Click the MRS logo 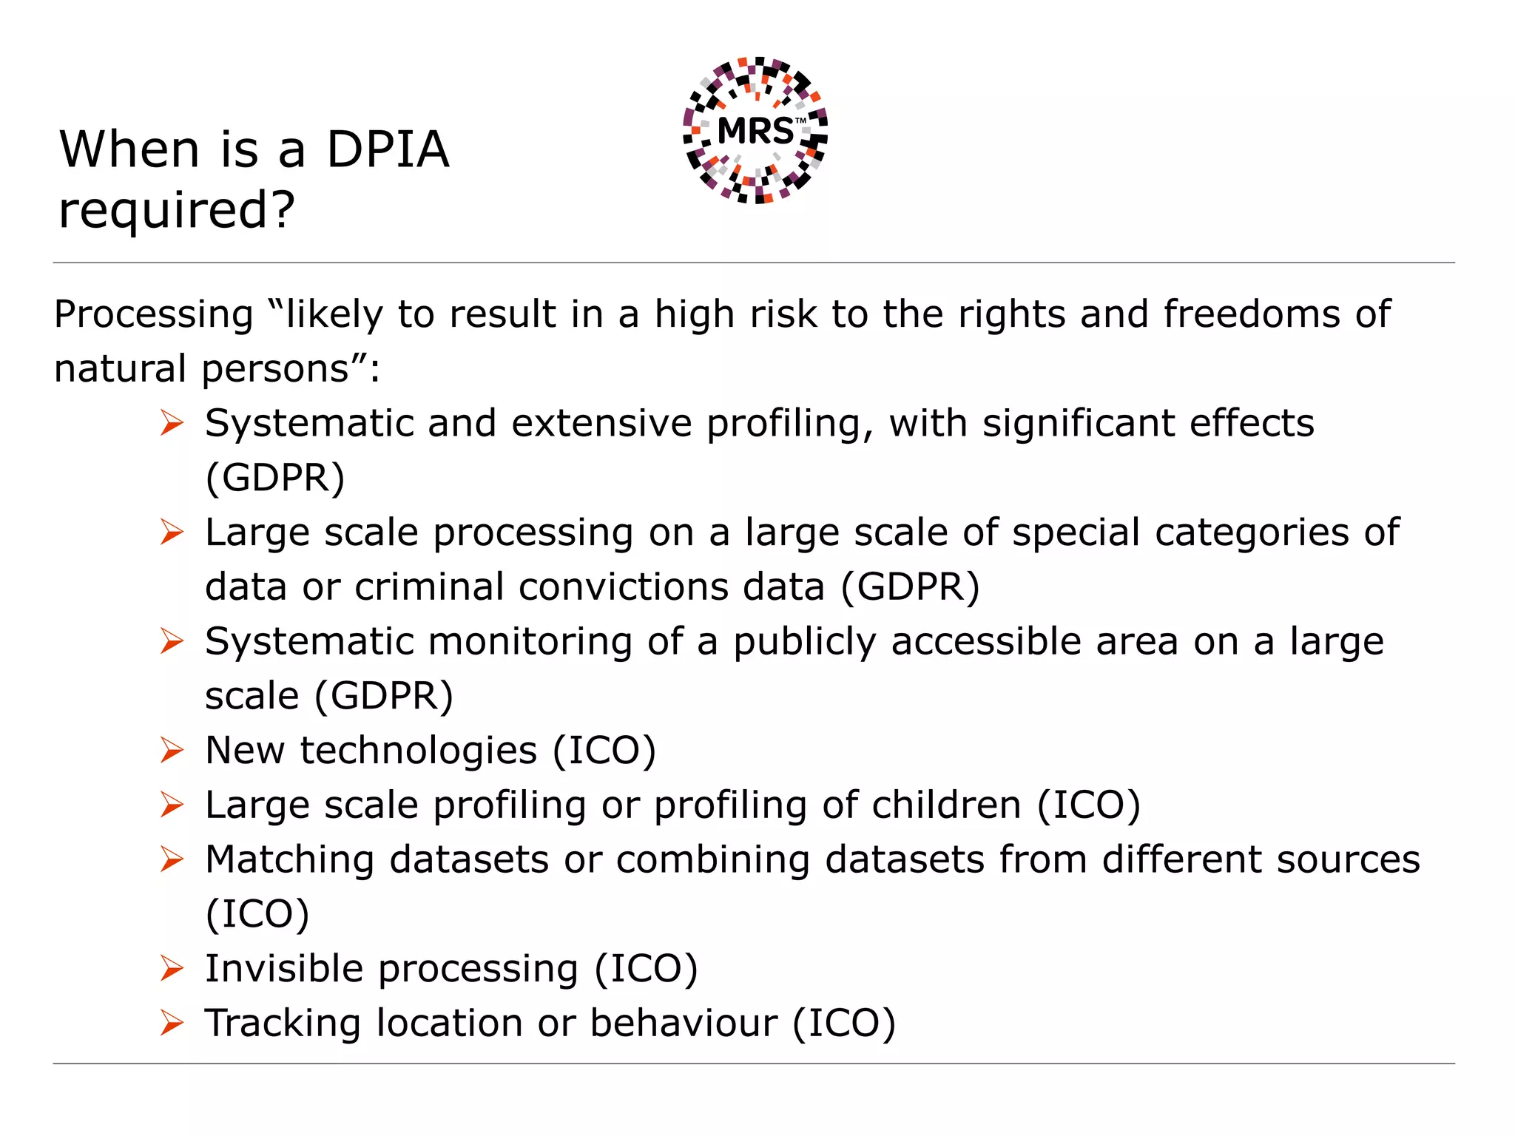[755, 130]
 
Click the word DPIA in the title [387, 150]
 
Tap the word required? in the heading [176, 211]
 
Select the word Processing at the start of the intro [154, 315]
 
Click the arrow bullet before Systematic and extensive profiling [172, 424]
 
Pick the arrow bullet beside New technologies [172, 751]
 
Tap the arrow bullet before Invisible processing [172, 969]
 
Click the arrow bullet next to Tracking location [172, 1024]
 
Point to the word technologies [418, 751]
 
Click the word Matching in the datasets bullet [289, 860]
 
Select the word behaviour [684, 1024]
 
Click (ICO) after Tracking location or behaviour [843, 1024]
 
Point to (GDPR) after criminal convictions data [910, 587]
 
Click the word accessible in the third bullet [1034, 642]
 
